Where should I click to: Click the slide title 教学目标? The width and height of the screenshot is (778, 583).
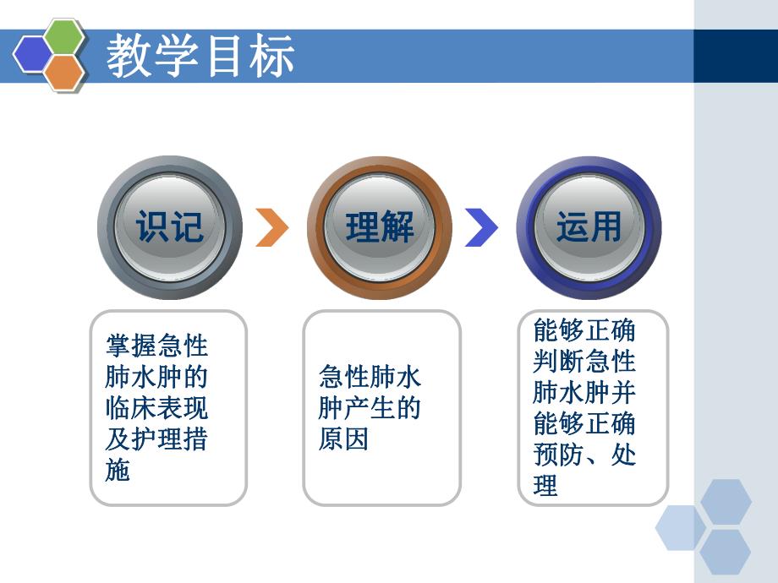[200, 57]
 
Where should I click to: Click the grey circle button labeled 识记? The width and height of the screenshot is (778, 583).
[170, 227]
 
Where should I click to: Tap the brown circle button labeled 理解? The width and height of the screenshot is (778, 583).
[380, 227]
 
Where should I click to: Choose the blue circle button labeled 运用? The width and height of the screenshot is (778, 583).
[589, 227]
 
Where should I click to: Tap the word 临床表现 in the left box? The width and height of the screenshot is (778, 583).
[156, 408]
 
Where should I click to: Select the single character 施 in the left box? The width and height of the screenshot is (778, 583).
[118, 471]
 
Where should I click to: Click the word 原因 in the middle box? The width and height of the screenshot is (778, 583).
[343, 439]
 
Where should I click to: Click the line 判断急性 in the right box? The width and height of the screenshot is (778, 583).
[584, 362]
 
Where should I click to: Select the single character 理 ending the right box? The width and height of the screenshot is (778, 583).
[546, 486]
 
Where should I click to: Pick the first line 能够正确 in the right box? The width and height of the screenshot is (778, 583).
[584, 330]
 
